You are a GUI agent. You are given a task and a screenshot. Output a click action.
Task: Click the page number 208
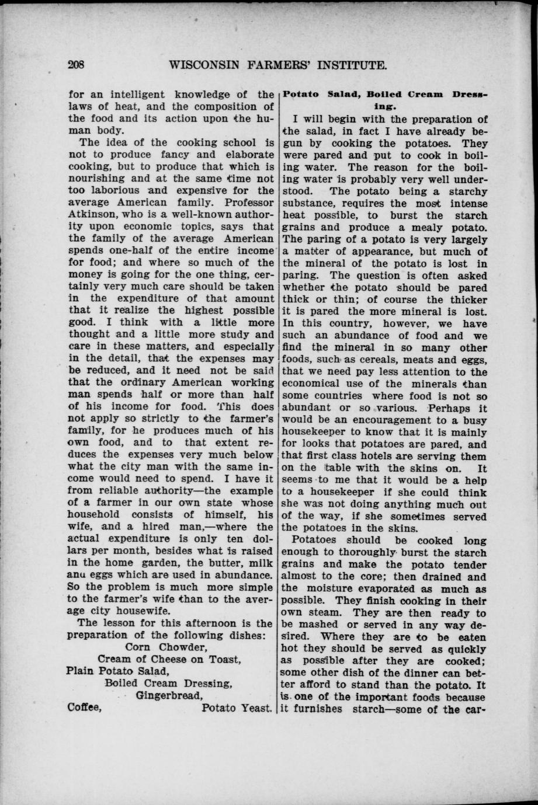(77, 65)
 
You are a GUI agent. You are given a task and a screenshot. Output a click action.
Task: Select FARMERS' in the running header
(283, 65)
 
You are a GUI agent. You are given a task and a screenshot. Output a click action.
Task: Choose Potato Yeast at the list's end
(237, 708)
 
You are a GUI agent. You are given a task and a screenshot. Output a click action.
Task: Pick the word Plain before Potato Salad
(81, 671)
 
